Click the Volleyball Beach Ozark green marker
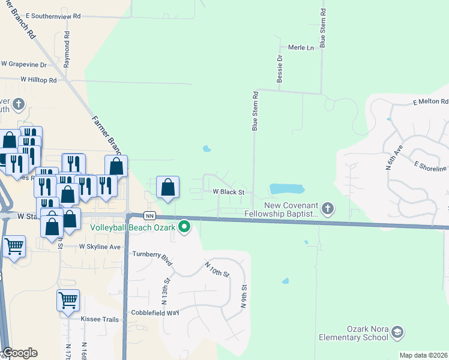pos(185,227)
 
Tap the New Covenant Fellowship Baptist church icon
pos(327,208)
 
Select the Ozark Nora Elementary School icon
pos(396,332)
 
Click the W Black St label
pos(228,192)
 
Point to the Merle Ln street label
pos(301,47)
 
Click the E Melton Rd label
pos(431,102)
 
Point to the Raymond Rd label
pos(67,53)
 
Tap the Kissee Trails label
pos(100,319)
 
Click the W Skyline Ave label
pos(100,247)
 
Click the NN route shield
pos(150,215)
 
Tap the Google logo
pos(20,353)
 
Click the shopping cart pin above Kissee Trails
pos(68,300)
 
